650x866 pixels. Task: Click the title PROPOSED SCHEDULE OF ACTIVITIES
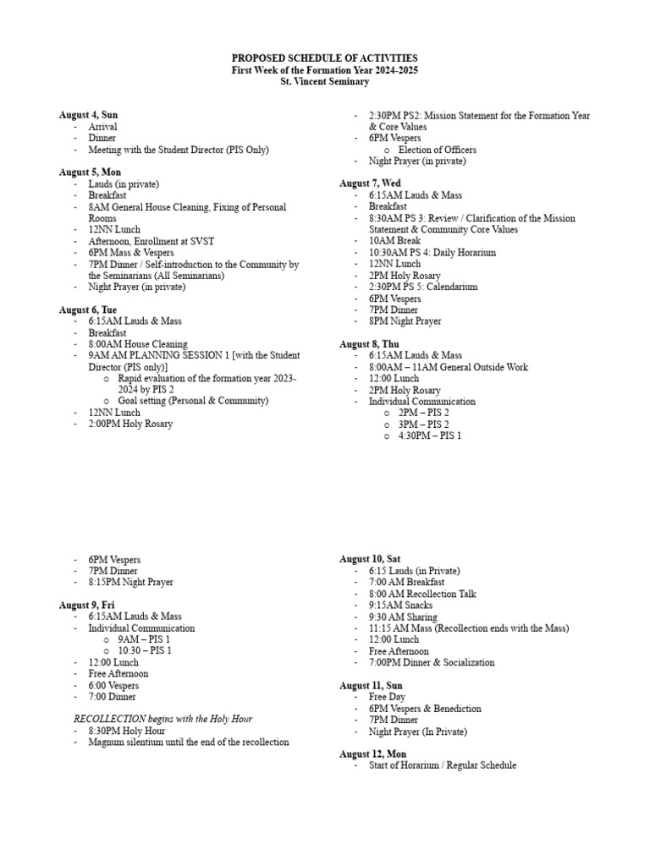click(x=325, y=58)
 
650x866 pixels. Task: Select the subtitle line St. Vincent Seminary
click(x=325, y=81)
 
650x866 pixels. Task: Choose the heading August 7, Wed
click(x=370, y=184)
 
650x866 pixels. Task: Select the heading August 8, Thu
click(x=370, y=344)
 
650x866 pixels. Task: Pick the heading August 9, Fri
click(x=86, y=606)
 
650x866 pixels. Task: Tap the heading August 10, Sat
click(x=370, y=559)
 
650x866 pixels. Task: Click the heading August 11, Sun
click(x=371, y=685)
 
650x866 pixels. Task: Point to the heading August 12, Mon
click(x=372, y=754)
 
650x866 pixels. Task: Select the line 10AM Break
click(x=394, y=241)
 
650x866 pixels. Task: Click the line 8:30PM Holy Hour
click(x=126, y=731)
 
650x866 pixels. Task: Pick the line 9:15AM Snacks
click(x=400, y=606)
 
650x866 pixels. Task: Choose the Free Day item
click(x=387, y=697)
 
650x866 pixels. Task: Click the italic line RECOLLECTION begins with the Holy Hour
click(x=163, y=719)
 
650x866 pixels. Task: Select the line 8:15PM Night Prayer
click(x=130, y=583)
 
